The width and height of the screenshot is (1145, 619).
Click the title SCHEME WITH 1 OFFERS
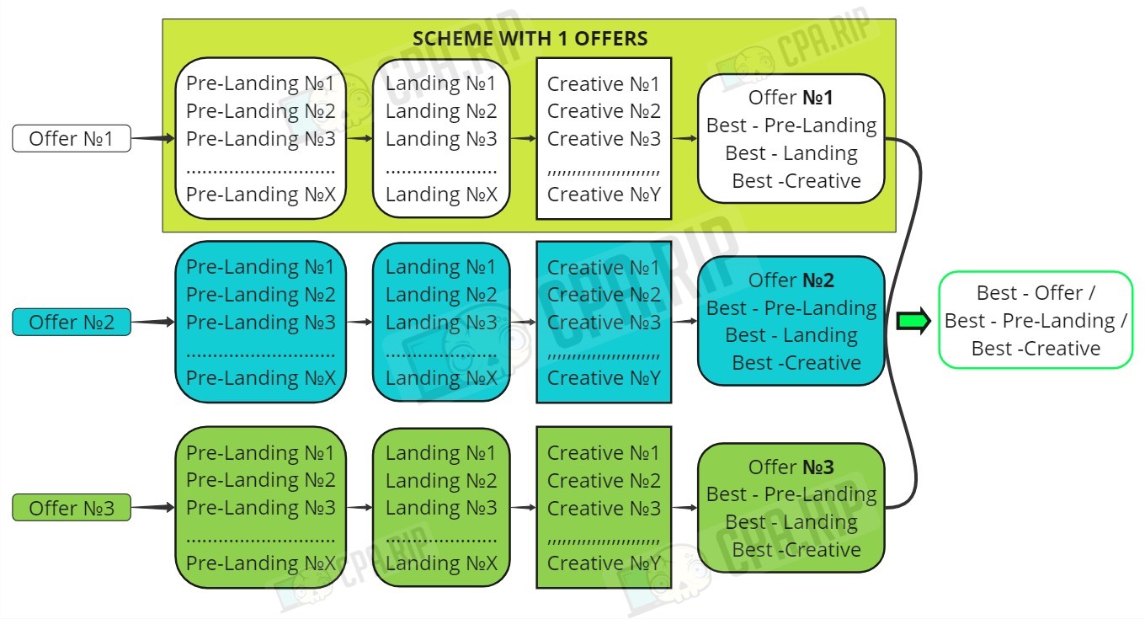click(530, 39)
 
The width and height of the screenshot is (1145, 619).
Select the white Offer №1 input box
click(72, 138)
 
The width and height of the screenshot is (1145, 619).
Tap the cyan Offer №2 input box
click(72, 322)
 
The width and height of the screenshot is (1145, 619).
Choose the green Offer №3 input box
click(72, 508)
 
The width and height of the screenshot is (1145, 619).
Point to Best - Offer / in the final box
click(1036, 293)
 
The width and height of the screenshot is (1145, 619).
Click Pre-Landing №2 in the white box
click(261, 111)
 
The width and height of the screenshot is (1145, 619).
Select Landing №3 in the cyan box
click(441, 323)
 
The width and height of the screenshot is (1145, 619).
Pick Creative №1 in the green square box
click(604, 453)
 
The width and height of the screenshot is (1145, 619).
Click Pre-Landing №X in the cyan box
click(261, 378)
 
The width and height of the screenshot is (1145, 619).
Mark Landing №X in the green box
click(441, 563)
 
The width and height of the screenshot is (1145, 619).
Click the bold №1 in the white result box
click(817, 98)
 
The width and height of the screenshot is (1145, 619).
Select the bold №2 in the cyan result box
click(818, 280)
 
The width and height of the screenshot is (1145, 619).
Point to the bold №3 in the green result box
click(818, 467)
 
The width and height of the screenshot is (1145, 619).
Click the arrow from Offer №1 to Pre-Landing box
click(153, 138)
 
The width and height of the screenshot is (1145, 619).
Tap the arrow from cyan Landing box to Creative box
click(523, 322)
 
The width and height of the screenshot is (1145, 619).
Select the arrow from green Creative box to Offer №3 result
click(684, 508)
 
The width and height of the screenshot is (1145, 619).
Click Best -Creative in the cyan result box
click(796, 363)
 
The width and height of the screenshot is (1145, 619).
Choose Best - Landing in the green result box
click(791, 522)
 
